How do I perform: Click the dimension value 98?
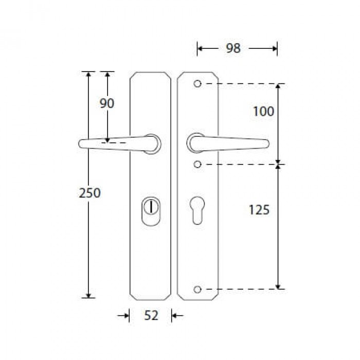pos(233,48)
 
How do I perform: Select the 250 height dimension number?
pos(90,193)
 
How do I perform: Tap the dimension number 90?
pos(107,103)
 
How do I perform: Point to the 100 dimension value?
pos(263,112)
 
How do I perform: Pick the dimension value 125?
pos(259,210)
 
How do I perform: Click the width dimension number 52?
pos(151,315)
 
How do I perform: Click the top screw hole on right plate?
pos(197,83)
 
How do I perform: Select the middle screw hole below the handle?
pos(197,164)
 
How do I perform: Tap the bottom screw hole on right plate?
pos(197,290)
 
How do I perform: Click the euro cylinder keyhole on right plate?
pos(197,210)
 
